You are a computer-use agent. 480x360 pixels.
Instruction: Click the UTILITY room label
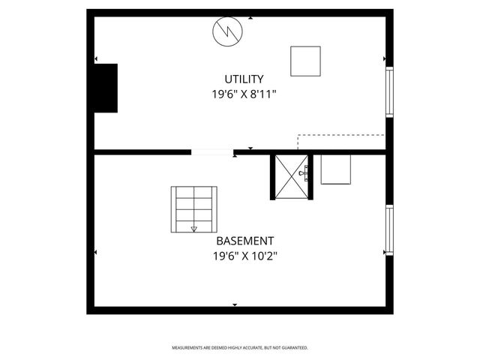244,79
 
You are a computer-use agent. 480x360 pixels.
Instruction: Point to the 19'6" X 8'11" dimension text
244,95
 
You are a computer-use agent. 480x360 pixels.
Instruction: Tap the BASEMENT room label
244,241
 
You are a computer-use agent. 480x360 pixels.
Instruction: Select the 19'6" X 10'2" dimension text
244,256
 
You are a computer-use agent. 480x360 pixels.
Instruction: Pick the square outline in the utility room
305,61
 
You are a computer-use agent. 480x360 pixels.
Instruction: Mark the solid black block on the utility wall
105,88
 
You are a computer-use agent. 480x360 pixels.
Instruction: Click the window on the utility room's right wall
389,91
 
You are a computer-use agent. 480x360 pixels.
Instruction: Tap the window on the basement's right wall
389,230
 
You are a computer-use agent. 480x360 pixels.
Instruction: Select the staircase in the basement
194,209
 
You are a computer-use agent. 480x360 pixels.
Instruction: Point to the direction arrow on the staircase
194,228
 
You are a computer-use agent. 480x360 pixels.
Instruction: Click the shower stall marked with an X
290,177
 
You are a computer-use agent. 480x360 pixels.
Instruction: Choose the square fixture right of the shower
335,169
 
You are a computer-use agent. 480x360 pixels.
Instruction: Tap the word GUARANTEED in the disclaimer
294,348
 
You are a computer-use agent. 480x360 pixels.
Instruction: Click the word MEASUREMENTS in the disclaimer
187,348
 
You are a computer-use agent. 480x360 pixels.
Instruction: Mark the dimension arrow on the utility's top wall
250,17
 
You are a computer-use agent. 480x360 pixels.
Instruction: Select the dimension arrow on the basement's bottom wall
235,305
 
